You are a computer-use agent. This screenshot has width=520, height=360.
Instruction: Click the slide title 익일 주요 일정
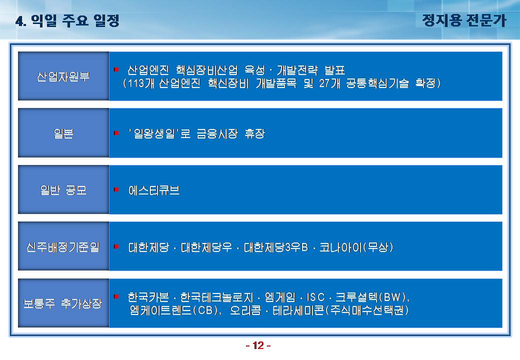[x=75, y=20]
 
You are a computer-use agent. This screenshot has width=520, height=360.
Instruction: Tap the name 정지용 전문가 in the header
[x=464, y=20]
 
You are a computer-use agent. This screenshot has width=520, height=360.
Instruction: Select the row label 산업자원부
[x=63, y=76]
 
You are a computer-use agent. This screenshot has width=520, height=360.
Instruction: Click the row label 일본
[x=63, y=133]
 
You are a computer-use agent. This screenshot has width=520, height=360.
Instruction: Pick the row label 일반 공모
[x=63, y=190]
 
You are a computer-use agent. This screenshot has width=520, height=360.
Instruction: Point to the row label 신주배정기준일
[x=63, y=247]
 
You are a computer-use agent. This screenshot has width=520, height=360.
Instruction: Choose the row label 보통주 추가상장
[x=62, y=303]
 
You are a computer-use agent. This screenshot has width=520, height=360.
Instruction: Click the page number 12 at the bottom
[x=258, y=345]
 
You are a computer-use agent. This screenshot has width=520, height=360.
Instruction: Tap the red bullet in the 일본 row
[x=116, y=133]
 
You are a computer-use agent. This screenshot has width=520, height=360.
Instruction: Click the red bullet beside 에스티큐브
[x=116, y=189]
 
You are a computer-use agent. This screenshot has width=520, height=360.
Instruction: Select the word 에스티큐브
[x=154, y=190]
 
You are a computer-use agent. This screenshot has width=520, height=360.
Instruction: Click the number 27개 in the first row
[x=329, y=83]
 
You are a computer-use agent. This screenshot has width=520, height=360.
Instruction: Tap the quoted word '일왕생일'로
[x=159, y=133]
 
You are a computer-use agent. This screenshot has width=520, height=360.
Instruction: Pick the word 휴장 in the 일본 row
[x=254, y=133]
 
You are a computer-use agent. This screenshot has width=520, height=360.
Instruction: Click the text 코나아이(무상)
[x=356, y=247]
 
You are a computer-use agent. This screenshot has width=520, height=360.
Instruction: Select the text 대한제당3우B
[x=276, y=247]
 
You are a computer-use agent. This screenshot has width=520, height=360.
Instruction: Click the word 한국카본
[x=148, y=297]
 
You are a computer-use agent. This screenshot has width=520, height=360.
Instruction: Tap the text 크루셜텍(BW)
[x=371, y=297]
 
